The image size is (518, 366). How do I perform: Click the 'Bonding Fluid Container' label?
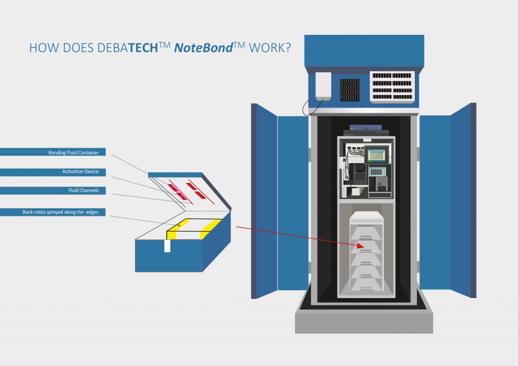point(73,153)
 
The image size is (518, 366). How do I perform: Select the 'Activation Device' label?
point(80,171)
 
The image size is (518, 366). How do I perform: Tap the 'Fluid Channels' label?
point(83,190)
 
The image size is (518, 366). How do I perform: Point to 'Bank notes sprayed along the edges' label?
point(60,212)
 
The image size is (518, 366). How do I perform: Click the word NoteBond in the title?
point(203,48)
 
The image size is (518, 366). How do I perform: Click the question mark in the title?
point(288,48)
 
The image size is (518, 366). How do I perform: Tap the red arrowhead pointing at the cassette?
point(360,246)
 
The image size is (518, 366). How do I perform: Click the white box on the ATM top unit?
point(323,86)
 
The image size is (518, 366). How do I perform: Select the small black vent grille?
point(350,90)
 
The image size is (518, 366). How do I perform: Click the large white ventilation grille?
point(392,87)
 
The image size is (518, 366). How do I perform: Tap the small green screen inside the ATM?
point(376,155)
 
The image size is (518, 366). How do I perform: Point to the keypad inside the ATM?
point(376,171)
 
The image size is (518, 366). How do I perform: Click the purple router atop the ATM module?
point(366,127)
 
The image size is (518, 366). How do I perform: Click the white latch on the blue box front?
point(167,246)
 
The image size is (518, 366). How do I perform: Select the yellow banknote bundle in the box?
point(194,229)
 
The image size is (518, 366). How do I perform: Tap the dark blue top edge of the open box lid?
point(175,175)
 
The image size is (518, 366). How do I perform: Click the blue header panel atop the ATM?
point(364,51)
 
